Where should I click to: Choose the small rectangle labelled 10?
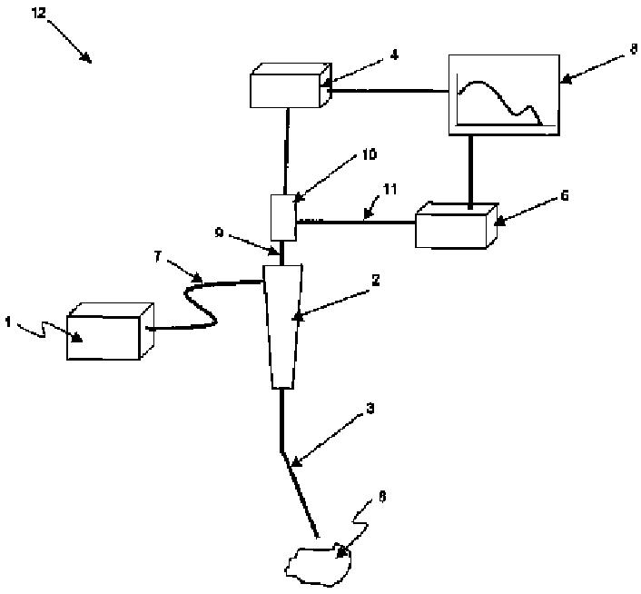point(284,217)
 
